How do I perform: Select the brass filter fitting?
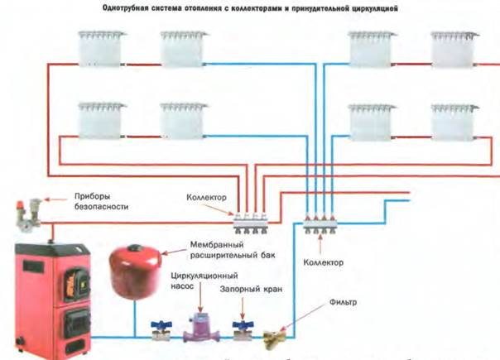272,336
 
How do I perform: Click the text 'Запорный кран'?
244,290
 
